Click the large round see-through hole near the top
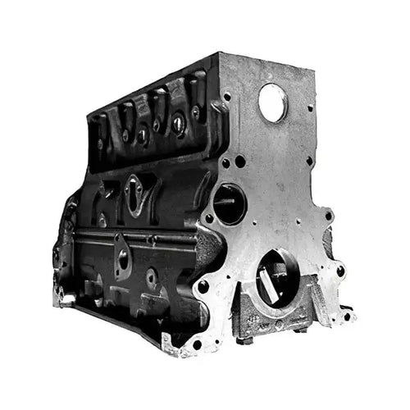pos(272,102)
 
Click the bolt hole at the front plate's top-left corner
pos(226,98)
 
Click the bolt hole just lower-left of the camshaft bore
pos(209,220)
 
